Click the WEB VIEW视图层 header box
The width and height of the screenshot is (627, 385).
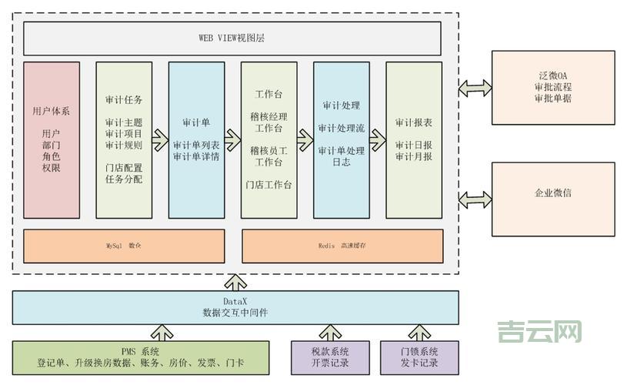pyautogui.click(x=232, y=38)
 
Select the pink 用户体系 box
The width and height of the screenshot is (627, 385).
pyautogui.click(x=52, y=139)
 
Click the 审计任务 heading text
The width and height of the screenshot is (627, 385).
pyautogui.click(x=123, y=100)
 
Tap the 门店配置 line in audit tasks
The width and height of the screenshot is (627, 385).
pyautogui.click(x=123, y=167)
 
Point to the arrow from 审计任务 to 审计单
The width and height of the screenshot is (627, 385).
pyautogui.click(x=160, y=139)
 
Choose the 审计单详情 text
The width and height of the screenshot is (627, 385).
pyautogui.click(x=196, y=156)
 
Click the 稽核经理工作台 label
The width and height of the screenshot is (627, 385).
pyautogui.click(x=268, y=122)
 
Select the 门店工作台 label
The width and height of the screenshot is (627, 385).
pyautogui.click(x=268, y=185)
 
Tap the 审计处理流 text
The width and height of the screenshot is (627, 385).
pyautogui.click(x=341, y=128)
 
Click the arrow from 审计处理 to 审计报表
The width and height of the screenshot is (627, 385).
pyautogui.click(x=377, y=139)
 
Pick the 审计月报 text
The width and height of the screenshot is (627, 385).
pyautogui.click(x=414, y=156)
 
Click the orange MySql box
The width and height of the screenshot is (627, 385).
pyautogui.click(x=125, y=246)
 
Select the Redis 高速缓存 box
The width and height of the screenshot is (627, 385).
pyautogui.click(x=342, y=246)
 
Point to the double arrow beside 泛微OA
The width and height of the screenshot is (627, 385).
pyautogui.click(x=475, y=88)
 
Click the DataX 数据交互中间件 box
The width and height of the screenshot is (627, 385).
pyautogui.click(x=235, y=307)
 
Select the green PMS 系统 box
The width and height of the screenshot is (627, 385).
pyautogui.click(x=141, y=357)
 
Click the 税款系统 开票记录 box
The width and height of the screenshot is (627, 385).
pyautogui.click(x=330, y=357)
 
